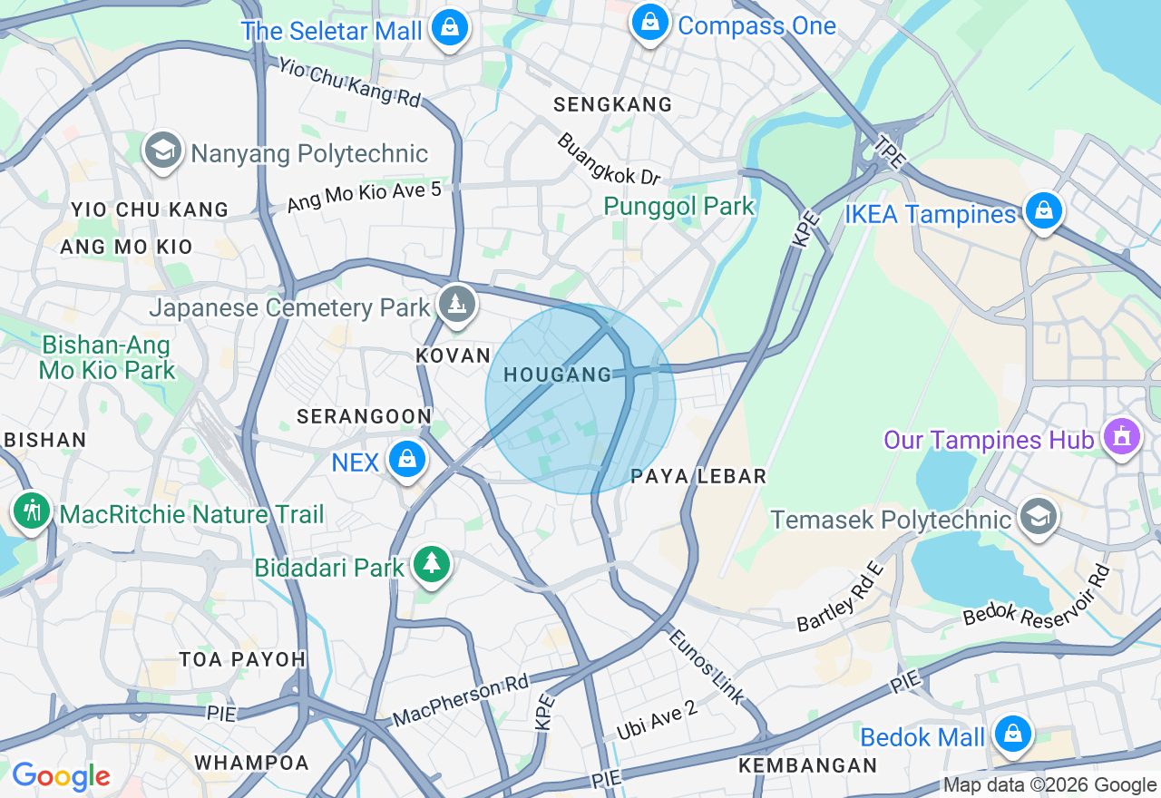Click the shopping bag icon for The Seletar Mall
(x=449, y=28)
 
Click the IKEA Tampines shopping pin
(x=1044, y=211)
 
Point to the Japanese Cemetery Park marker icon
(x=456, y=304)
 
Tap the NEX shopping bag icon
(x=407, y=460)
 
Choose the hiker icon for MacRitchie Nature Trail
(x=33, y=511)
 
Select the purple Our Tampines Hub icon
(x=1122, y=438)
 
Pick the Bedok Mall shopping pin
(x=1012, y=734)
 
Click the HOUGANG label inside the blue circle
(x=558, y=375)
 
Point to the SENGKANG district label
(x=613, y=105)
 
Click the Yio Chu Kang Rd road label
(x=350, y=83)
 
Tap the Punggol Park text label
(x=678, y=207)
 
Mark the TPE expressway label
(x=889, y=151)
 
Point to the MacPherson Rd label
(x=460, y=701)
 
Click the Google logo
(x=60, y=776)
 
